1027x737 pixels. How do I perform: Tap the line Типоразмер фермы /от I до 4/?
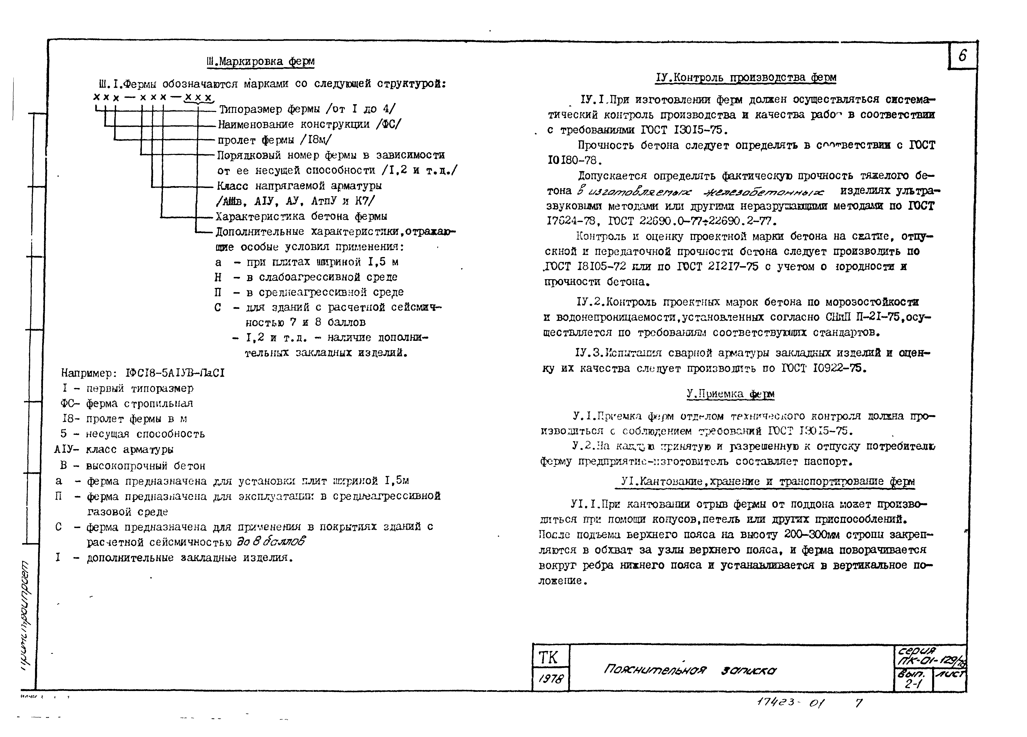point(307,109)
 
